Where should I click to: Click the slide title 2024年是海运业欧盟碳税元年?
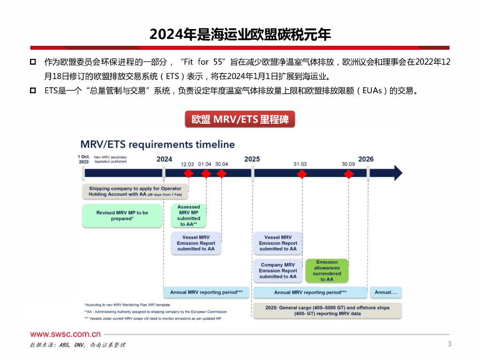tap(240, 34)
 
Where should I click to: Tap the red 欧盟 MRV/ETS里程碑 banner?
tap(240, 119)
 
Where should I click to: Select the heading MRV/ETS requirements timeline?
tap(157, 144)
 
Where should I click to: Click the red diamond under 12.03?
tap(188, 173)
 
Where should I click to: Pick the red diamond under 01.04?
tap(205, 173)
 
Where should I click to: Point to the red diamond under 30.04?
tap(222, 173)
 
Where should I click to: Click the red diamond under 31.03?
tap(302, 173)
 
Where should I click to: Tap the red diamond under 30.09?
tap(348, 173)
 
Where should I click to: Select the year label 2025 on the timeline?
tap(252, 159)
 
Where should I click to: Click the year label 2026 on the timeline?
tap(366, 159)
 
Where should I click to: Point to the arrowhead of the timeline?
tap(397, 173)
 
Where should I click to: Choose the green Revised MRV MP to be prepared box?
tap(122, 216)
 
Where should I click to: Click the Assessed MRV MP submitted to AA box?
tap(188, 216)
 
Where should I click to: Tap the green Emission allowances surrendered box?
tap(327, 270)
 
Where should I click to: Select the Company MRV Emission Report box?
tap(278, 270)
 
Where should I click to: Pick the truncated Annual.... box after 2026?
tap(386, 292)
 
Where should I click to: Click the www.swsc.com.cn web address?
tap(66, 334)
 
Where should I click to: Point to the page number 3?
tap(449, 344)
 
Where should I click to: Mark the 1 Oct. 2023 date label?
tap(84, 159)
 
